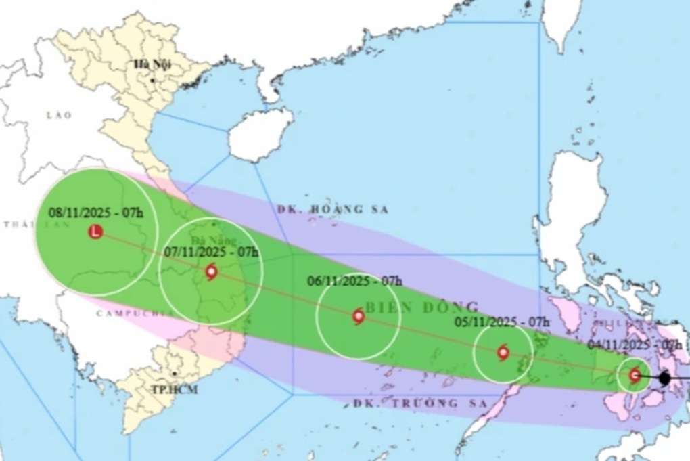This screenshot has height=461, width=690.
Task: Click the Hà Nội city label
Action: click(x=152, y=64)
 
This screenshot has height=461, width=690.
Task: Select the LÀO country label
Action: click(x=59, y=115)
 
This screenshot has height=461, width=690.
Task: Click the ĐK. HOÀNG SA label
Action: click(x=333, y=210)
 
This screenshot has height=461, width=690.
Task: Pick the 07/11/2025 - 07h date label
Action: click(x=212, y=252)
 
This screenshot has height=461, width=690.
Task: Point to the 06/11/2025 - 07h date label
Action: click(x=354, y=280)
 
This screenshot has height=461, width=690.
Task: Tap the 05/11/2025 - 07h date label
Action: click(x=501, y=321)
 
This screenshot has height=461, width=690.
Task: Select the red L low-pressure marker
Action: click(x=95, y=232)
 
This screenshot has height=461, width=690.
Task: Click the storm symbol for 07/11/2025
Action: click(x=211, y=272)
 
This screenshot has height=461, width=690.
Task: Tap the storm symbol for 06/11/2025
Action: click(x=359, y=316)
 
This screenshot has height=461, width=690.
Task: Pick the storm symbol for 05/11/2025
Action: click(x=503, y=353)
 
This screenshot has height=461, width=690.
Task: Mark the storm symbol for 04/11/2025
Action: click(x=635, y=375)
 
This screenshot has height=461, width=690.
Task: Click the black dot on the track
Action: click(x=664, y=378)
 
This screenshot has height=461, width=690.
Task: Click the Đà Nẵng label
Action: click(x=212, y=241)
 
